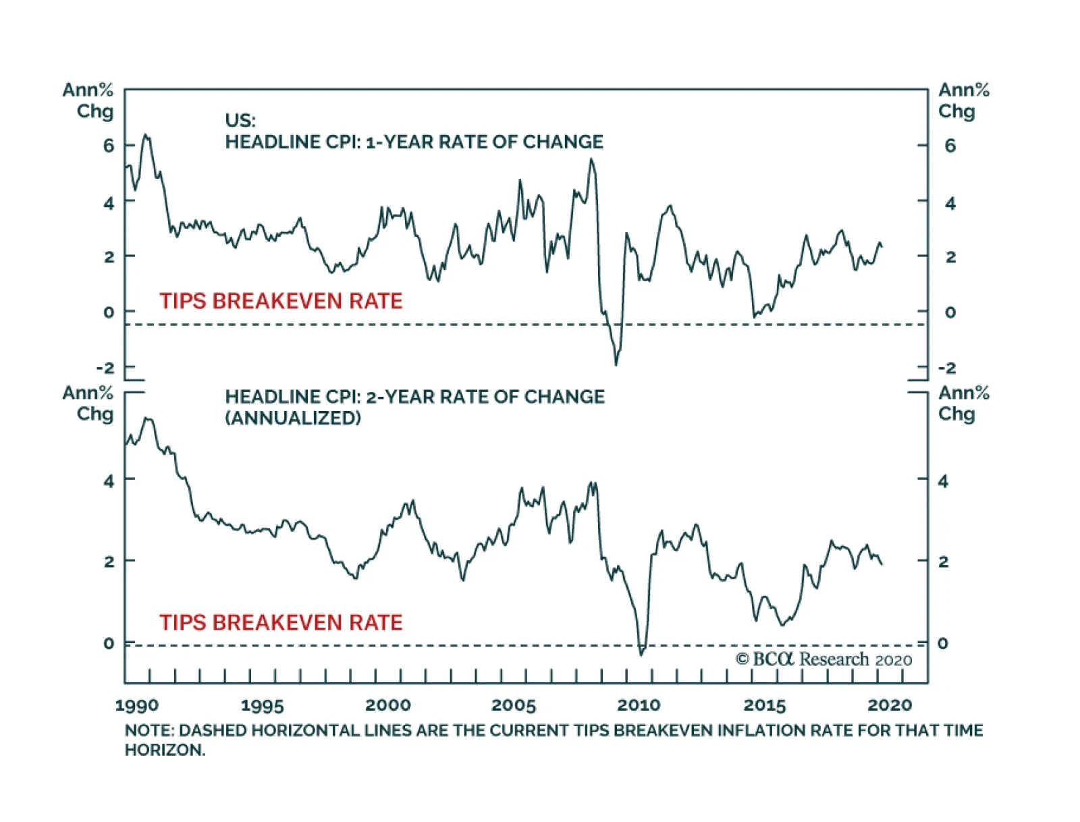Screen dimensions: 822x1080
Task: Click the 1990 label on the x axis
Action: pyautogui.click(x=137, y=705)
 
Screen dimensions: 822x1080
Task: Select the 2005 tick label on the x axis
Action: pyautogui.click(x=514, y=705)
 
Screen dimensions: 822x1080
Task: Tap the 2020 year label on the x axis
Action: pyautogui.click(x=890, y=705)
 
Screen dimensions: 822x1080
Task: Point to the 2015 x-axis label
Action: pyautogui.click(x=765, y=705)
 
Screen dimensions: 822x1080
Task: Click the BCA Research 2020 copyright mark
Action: pyautogui.click(x=823, y=659)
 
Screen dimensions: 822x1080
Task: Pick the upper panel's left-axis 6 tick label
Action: pyautogui.click(x=109, y=146)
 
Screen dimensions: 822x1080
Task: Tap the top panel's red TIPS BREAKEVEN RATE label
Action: pyautogui.click(x=281, y=301)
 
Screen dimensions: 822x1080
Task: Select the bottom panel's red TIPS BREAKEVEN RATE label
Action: pyautogui.click(x=281, y=622)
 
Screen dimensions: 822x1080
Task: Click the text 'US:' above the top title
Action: pyautogui.click(x=240, y=121)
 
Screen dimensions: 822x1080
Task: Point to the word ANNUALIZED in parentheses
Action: pyautogui.click(x=293, y=418)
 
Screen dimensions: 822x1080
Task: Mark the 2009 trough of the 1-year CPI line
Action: pyautogui.click(x=616, y=364)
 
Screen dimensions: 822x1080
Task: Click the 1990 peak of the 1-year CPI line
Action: pyautogui.click(x=145, y=136)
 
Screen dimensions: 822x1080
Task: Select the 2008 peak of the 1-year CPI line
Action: pyautogui.click(x=591, y=160)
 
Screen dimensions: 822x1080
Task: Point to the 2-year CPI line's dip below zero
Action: pyautogui.click(x=641, y=653)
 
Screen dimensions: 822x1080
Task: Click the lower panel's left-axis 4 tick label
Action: pyautogui.click(x=109, y=481)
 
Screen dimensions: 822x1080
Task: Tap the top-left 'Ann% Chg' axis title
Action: pyautogui.click(x=88, y=101)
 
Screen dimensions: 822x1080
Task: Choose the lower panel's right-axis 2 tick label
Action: pyautogui.click(x=943, y=561)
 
